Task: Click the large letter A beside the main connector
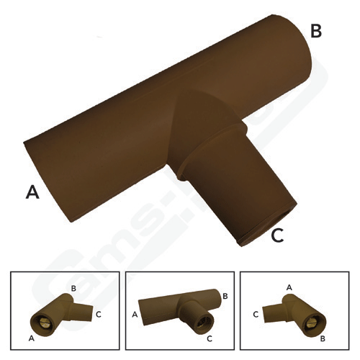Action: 32,191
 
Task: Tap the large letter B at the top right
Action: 315,31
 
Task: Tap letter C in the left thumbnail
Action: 99,314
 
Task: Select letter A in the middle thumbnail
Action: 135,314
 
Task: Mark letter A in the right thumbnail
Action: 289,286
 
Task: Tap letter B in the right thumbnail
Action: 323,337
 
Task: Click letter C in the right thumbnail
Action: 256,315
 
